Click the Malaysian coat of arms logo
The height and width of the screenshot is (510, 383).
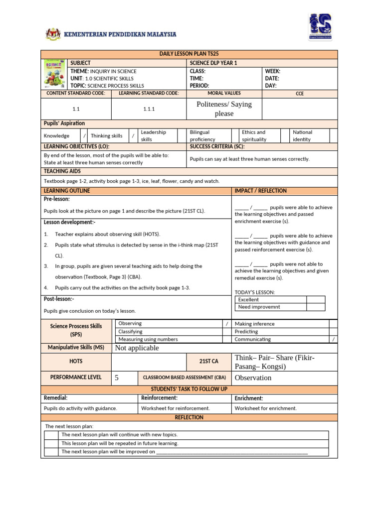[x=52, y=34]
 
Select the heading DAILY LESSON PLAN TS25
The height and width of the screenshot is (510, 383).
[x=189, y=54]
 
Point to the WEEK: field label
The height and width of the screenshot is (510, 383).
[x=273, y=71]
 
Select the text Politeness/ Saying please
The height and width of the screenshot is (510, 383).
[x=224, y=109]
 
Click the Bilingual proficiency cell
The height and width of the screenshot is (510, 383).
[x=202, y=136]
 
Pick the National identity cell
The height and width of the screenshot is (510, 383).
[x=302, y=136]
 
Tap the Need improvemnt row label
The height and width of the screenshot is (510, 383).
[x=259, y=307]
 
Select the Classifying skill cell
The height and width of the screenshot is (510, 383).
[x=130, y=331]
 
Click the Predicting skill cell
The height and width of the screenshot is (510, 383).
[x=246, y=331]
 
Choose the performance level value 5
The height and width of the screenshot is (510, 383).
[x=117, y=378]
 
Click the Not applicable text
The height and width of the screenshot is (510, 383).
[x=137, y=348]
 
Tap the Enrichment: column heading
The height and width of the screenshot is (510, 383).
[x=249, y=398]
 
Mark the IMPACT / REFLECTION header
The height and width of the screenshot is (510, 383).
[x=261, y=191]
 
